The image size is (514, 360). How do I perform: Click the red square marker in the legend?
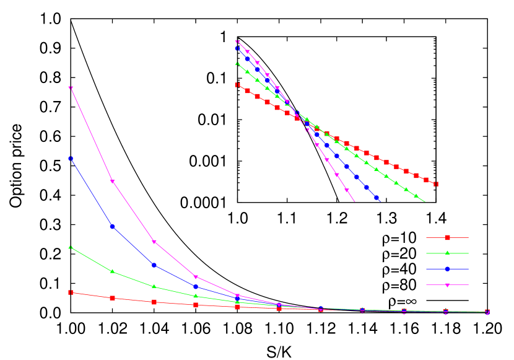pyautogui.click(x=447, y=237)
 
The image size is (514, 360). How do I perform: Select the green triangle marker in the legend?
pyautogui.click(x=447, y=253)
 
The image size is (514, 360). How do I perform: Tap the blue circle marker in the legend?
pyautogui.click(x=447, y=269)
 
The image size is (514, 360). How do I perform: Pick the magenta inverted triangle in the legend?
pyautogui.click(x=447, y=285)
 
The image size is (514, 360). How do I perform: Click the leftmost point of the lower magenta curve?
pyautogui.click(x=71, y=88)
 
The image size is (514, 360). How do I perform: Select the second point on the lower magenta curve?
pyautogui.click(x=112, y=182)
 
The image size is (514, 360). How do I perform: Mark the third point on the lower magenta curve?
pyautogui.click(x=154, y=242)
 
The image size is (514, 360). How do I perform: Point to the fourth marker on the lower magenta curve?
pyautogui.click(x=196, y=277)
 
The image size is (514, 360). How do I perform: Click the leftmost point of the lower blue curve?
pyautogui.click(x=71, y=159)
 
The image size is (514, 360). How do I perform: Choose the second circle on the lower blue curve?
pyautogui.click(x=112, y=226)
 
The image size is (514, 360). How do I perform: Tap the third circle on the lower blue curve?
pyautogui.click(x=154, y=265)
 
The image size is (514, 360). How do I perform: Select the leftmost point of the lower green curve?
pyautogui.click(x=71, y=247)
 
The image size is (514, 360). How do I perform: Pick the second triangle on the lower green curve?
pyautogui.click(x=112, y=271)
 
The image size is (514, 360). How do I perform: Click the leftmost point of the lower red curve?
pyautogui.click(x=71, y=292)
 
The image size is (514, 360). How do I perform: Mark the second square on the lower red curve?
pyautogui.click(x=112, y=298)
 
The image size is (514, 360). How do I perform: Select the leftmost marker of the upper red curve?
pyautogui.click(x=237, y=85)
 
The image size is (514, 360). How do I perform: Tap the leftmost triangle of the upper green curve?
pyautogui.click(x=237, y=63)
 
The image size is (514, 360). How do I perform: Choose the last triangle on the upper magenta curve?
pyautogui.click(x=347, y=190)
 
